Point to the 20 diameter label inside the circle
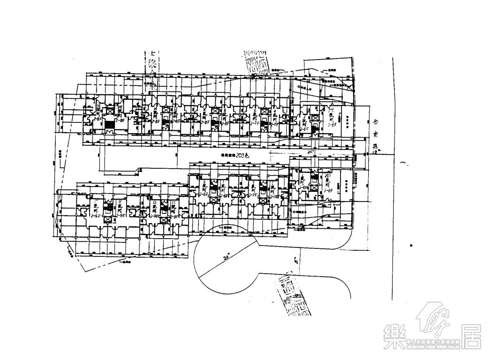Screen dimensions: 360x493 (x=228, y=258)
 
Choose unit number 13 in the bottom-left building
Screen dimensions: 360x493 (x=154, y=203)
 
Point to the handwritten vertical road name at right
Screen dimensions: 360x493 (x=375, y=133)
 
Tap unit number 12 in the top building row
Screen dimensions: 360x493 (x=175, y=109)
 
